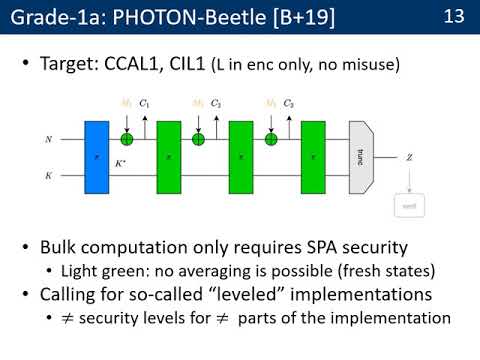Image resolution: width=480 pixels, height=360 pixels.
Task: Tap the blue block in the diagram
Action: (x=97, y=156)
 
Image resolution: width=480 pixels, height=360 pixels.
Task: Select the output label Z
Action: (x=410, y=157)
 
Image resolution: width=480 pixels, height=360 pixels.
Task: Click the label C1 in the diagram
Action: (x=144, y=104)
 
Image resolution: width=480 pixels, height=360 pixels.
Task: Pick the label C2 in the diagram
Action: (x=216, y=104)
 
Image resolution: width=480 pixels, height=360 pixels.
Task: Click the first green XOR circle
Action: (x=126, y=140)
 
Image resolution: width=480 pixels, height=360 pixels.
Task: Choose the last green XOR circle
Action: (x=270, y=140)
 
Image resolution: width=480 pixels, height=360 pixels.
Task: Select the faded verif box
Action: (x=410, y=206)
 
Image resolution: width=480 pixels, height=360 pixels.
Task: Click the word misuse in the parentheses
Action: (x=369, y=65)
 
